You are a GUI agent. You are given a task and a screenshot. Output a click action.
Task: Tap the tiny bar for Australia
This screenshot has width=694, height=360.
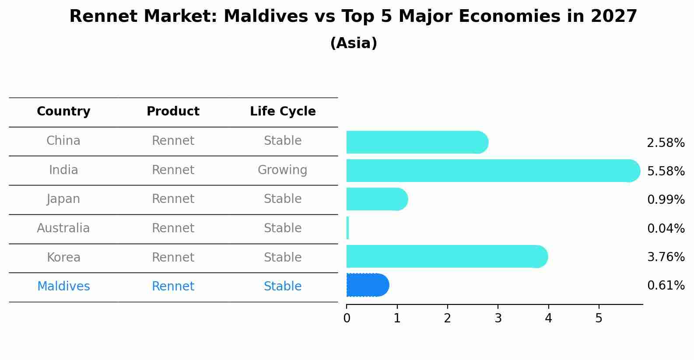pos(347,228)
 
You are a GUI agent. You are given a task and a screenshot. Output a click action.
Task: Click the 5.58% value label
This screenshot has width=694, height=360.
pos(666,171)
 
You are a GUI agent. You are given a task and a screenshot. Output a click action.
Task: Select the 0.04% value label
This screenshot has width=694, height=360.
pos(666,228)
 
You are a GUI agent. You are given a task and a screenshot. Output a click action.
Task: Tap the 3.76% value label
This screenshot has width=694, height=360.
pos(666,257)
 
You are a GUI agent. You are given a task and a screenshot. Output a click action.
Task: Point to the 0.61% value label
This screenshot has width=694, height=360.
pos(666,286)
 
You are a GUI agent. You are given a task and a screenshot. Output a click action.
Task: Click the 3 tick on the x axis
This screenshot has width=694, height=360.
pos(498,318)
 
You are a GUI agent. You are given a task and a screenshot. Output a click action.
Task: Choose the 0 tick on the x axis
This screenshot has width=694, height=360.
pos(347,318)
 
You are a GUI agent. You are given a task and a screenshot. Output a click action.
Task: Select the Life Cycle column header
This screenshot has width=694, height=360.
pos(283,112)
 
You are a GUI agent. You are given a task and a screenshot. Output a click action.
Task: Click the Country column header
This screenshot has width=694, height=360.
pos(63,112)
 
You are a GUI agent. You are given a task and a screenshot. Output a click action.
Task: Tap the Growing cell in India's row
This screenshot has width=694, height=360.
pos(282,170)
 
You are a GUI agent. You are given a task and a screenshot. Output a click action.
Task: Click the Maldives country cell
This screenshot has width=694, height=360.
pos(63,287)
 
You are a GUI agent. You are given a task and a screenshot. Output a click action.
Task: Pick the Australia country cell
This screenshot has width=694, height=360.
pos(63,228)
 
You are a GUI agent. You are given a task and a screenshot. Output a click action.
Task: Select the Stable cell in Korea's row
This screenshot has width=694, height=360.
pos(282,257)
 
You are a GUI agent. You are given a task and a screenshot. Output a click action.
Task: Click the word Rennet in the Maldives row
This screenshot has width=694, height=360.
pos(173,287)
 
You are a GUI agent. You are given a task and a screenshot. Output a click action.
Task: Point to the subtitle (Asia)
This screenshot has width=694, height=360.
pos(354,43)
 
